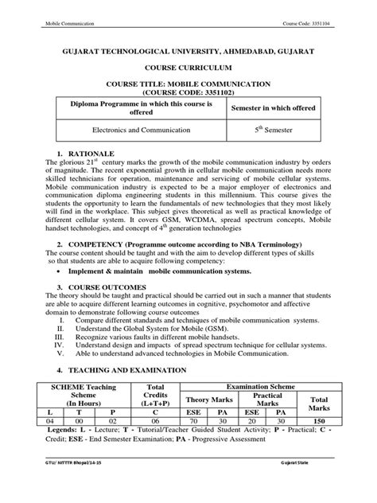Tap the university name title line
188,51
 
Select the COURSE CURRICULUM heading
188,69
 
